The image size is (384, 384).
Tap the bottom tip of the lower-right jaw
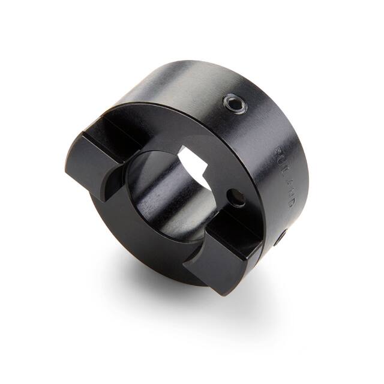pyautogui.click(x=223, y=293)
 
